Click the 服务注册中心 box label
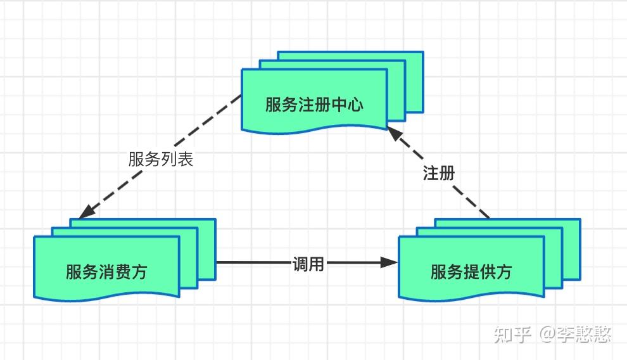click(314, 105)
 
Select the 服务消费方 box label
click(106, 272)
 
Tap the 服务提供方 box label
click(471, 272)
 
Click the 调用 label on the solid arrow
click(308, 264)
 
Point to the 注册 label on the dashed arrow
click(439, 173)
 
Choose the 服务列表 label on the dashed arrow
click(160, 159)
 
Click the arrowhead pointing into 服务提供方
click(390, 262)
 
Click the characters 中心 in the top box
click(347, 105)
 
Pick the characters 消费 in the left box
click(115, 272)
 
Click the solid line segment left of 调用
click(253, 262)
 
